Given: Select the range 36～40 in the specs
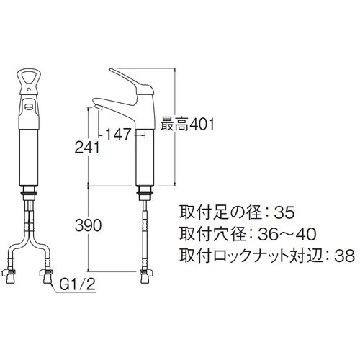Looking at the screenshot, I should (x=288, y=234).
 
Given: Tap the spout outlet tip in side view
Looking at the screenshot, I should (x=95, y=107).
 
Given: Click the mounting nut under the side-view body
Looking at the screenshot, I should (x=144, y=192).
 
